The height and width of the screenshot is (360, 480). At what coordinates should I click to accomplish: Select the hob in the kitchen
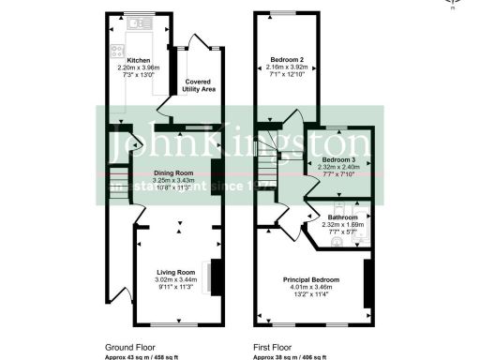[119, 52]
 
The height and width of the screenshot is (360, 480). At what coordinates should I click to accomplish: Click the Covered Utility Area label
[198, 84]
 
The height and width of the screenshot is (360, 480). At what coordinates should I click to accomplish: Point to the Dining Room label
[172, 172]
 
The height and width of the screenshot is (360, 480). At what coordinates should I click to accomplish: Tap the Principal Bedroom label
[310, 278]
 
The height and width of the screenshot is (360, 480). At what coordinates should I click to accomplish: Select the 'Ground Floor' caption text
[127, 347]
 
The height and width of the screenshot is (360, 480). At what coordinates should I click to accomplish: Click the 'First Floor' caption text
[272, 347]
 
